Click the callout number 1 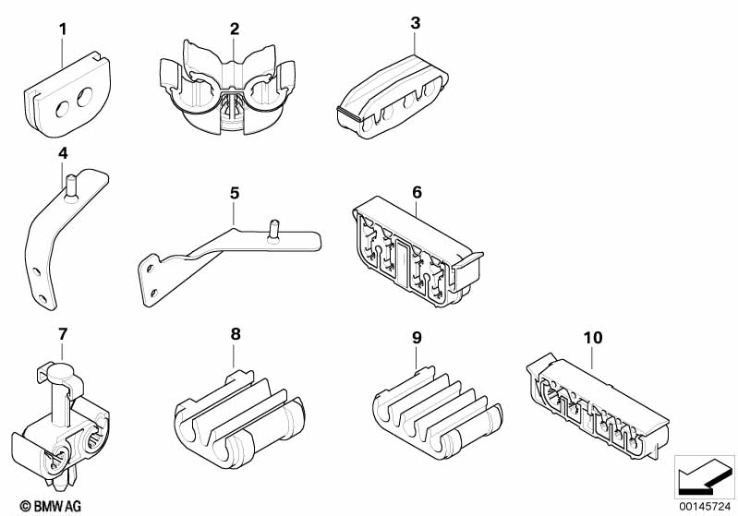coord(63,30)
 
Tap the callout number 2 coord(235,30)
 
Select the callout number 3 coord(415,23)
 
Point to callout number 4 coord(63,153)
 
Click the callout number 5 coord(235,193)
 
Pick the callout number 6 coord(417,192)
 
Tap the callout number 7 coord(63,334)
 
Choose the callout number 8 coord(236,334)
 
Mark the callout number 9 coord(417,338)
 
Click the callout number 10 coord(593,338)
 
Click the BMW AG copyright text coord(51,506)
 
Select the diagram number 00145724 coord(705,507)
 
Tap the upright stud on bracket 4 coord(70,188)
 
